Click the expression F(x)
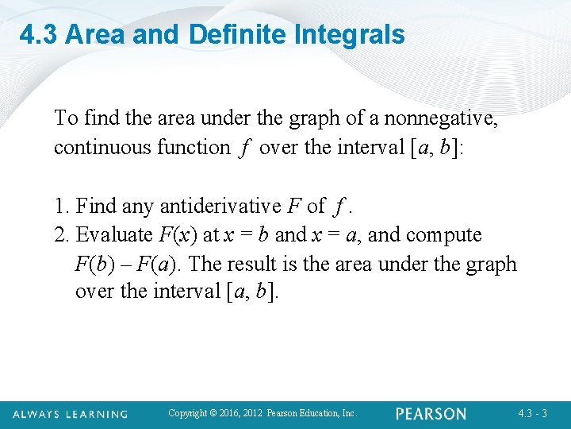pyautogui.click(x=177, y=235)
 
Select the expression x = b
pyautogui.click(x=246, y=235)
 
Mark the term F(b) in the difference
pyautogui.click(x=94, y=264)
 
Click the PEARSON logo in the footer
pyautogui.click(x=431, y=413)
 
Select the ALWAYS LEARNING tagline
pyautogui.click(x=71, y=414)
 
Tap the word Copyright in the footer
pyautogui.click(x=188, y=413)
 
